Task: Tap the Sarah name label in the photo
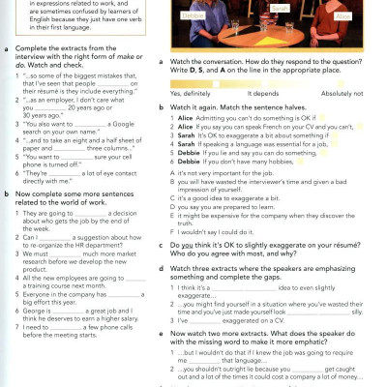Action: coord(279,8)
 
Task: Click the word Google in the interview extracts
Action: coord(129,123)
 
